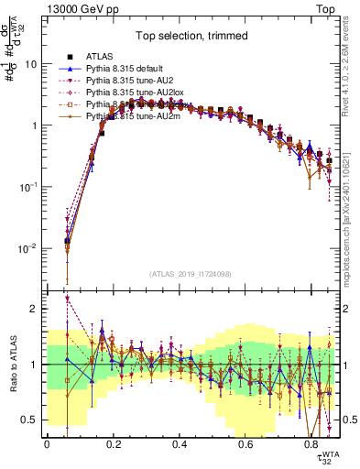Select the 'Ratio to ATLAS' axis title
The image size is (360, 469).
point(13,365)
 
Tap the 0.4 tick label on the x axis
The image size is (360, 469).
point(179,445)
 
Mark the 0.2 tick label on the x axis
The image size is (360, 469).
point(113,445)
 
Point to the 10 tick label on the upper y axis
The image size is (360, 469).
point(31,64)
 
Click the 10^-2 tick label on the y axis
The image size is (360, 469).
point(27,248)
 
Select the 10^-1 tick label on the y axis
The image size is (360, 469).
point(27,187)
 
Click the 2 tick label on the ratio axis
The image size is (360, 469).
point(34,309)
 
